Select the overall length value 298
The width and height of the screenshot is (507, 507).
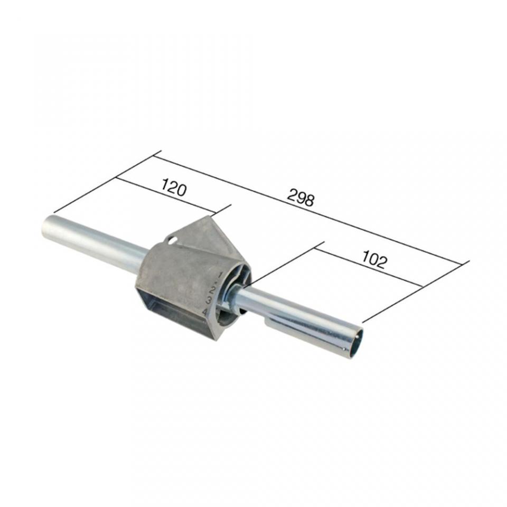[x=301, y=198]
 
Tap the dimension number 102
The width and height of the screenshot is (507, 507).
[x=373, y=260]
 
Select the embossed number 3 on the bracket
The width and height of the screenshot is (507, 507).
[x=209, y=301]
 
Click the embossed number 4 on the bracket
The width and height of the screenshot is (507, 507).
[x=205, y=312]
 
